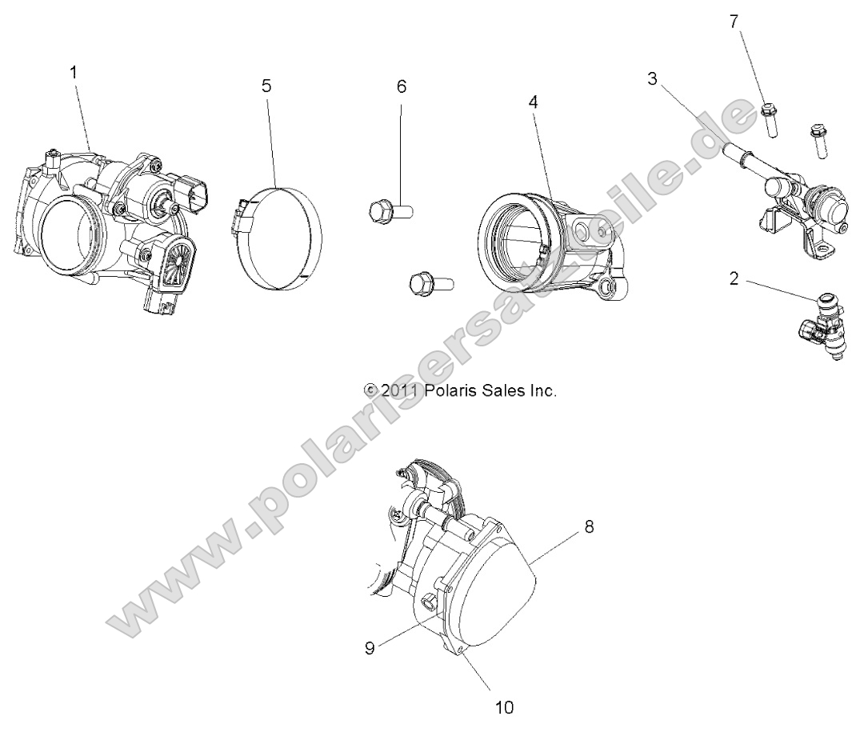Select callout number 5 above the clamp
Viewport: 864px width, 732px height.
(267, 86)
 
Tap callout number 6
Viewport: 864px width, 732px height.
(402, 86)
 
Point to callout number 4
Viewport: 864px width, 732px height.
(533, 102)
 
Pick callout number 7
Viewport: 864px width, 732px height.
(734, 22)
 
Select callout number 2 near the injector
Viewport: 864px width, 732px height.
(734, 278)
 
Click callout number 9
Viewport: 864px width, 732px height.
(370, 648)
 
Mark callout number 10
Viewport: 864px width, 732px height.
(505, 706)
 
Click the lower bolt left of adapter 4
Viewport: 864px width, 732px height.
(430, 282)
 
